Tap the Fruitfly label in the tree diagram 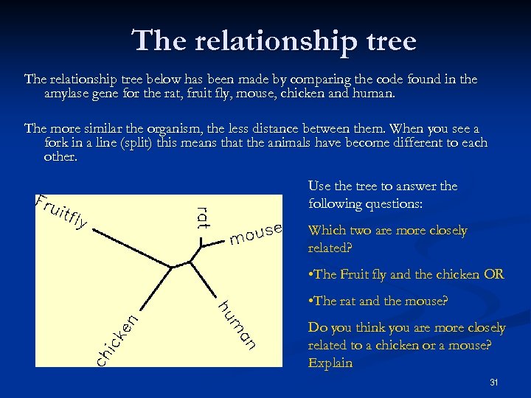[62, 210]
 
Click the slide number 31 [493, 382]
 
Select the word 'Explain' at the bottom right [330, 363]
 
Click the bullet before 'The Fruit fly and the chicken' [310, 275]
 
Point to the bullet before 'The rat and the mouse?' [310, 301]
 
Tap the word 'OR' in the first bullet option [494, 275]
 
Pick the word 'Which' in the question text [325, 231]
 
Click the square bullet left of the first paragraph [15, 80]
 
